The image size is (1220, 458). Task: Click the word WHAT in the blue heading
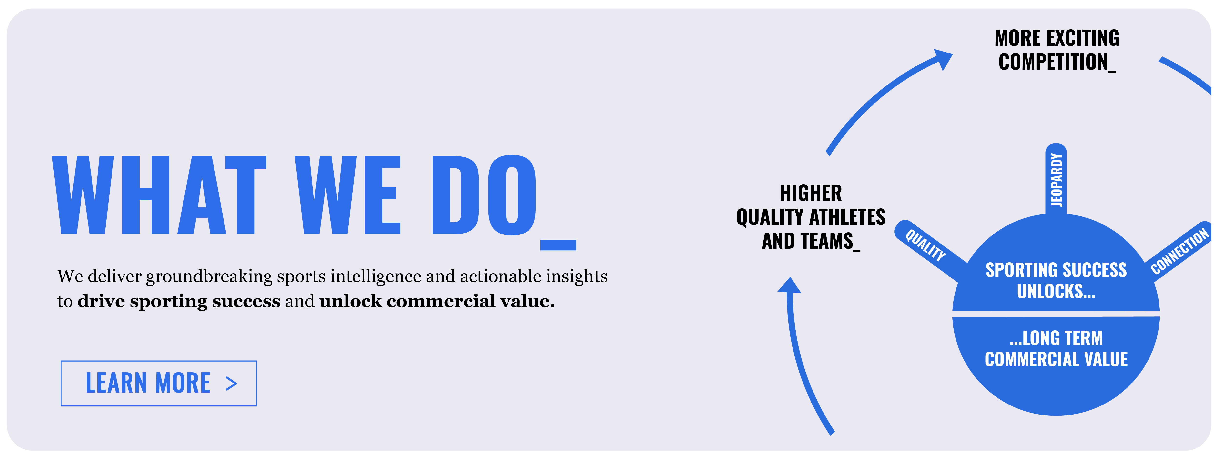[159, 195]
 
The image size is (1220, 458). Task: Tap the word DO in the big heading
[484, 195]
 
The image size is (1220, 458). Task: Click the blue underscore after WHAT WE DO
[558, 245]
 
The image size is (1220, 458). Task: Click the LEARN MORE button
[159, 383]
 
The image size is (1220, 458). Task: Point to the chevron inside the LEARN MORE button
[231, 383]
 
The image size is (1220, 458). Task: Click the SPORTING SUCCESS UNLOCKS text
[1056, 280]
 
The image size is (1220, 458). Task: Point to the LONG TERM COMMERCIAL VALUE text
[1056, 349]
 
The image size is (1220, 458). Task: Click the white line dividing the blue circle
[1056, 313]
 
